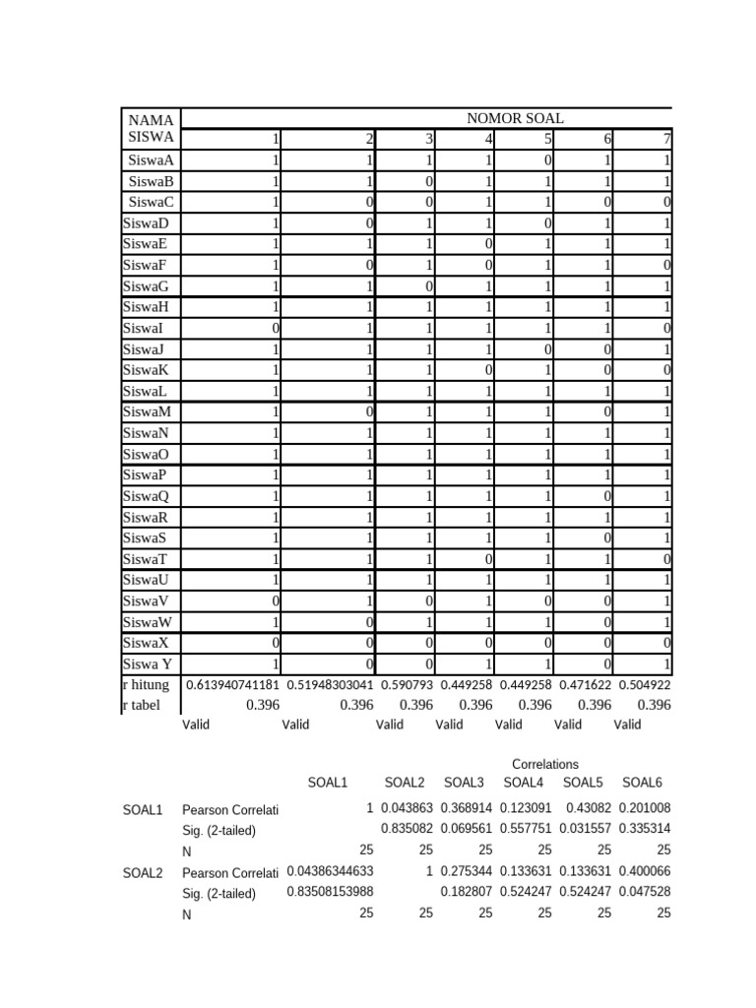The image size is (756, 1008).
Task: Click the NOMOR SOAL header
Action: [515, 118]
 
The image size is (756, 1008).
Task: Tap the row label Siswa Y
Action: [148, 662]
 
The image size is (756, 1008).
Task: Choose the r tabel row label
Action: [144, 705]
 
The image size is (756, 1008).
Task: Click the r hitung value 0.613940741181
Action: [232, 685]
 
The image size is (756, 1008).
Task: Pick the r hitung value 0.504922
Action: [647, 685]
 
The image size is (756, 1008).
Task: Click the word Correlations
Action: [545, 764]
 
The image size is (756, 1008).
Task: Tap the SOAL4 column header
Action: [523, 784]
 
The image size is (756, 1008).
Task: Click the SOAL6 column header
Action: [642, 784]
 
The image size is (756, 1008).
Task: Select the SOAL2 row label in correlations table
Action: [143, 872]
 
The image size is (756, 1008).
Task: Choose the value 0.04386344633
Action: [330, 872]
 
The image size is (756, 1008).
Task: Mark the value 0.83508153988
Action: [330, 893]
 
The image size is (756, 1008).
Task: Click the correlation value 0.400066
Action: [645, 872]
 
